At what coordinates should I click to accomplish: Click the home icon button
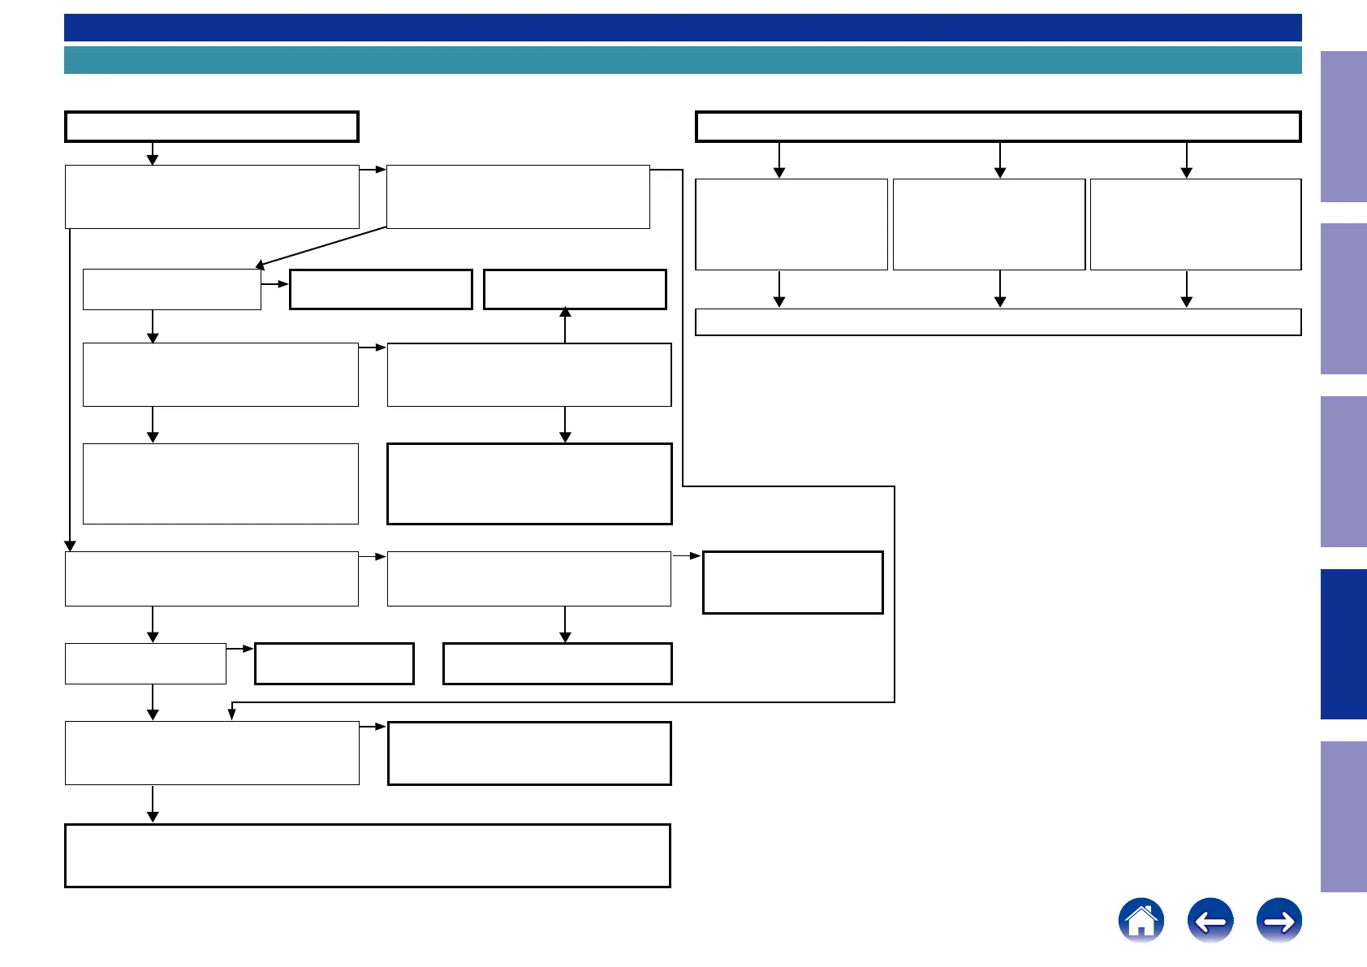pos(1141,920)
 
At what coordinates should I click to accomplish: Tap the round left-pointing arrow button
pos(1210,920)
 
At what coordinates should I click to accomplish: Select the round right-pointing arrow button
pos(1279,920)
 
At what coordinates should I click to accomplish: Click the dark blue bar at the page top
pos(682,27)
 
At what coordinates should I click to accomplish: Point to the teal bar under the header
pos(682,60)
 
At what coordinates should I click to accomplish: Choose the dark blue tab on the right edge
pos(1343,644)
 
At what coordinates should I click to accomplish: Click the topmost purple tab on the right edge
pos(1343,127)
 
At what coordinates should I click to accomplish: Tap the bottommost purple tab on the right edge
pos(1343,816)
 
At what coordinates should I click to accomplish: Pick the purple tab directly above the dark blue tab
pos(1343,471)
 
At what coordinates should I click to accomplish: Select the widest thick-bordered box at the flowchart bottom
pos(367,855)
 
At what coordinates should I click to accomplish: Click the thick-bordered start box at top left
pos(211,127)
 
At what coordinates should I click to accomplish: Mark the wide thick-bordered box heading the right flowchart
pos(998,127)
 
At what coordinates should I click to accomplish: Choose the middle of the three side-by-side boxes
pos(989,224)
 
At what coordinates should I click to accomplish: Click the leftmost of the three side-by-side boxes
pos(791,224)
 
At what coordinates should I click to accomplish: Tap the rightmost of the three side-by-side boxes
pos(1195,224)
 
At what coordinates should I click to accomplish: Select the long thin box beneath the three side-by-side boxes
pos(998,322)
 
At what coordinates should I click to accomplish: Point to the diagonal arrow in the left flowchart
pos(321,246)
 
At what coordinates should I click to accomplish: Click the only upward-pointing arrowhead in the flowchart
pos(565,313)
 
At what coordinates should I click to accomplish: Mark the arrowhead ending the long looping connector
pos(232,714)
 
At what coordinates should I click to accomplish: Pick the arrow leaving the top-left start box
pos(152,154)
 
